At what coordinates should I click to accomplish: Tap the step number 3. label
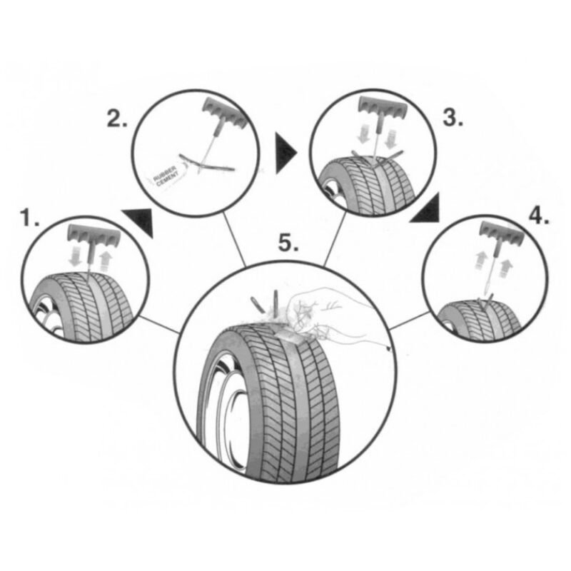[452, 118]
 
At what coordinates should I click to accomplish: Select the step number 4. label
[538, 216]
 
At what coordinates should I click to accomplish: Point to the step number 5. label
[288, 244]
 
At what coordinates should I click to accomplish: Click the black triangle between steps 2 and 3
[286, 151]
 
